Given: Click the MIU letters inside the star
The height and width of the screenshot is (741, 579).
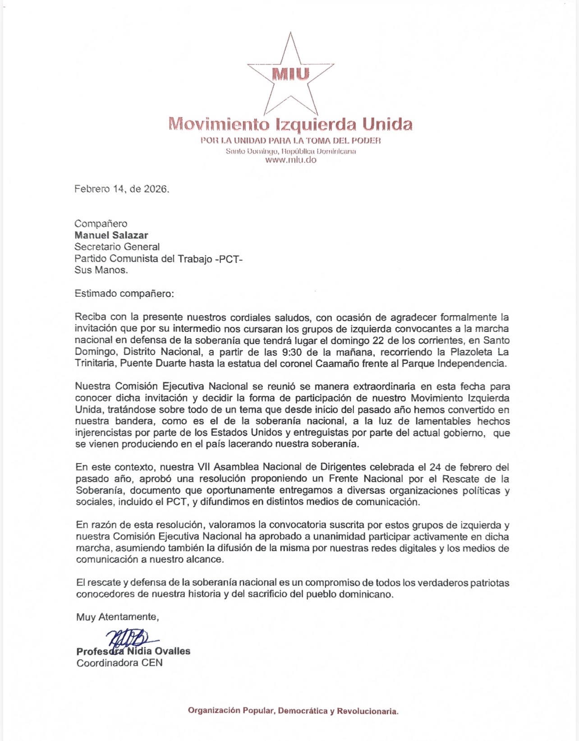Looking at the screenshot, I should click(x=291, y=74).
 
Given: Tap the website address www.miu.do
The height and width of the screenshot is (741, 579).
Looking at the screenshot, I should click(x=291, y=160).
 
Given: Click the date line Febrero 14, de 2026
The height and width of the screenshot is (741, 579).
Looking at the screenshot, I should click(x=122, y=189).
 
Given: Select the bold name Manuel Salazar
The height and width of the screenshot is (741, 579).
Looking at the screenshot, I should click(x=111, y=235).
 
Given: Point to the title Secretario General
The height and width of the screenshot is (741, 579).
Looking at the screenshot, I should click(x=117, y=247).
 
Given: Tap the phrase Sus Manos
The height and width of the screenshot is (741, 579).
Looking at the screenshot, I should click(x=101, y=270).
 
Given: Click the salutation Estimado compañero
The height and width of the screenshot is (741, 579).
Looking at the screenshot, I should click(x=124, y=294).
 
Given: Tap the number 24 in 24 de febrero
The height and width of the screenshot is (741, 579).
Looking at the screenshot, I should click(x=435, y=467).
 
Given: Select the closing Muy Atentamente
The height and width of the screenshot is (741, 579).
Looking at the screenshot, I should click(x=118, y=617).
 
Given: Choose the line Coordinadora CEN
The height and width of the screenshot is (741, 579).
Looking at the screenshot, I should click(x=119, y=663).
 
